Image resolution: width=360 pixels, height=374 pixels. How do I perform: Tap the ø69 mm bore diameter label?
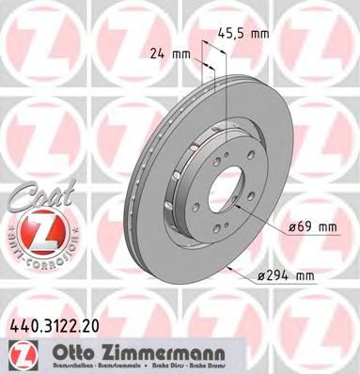(x=314, y=226)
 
